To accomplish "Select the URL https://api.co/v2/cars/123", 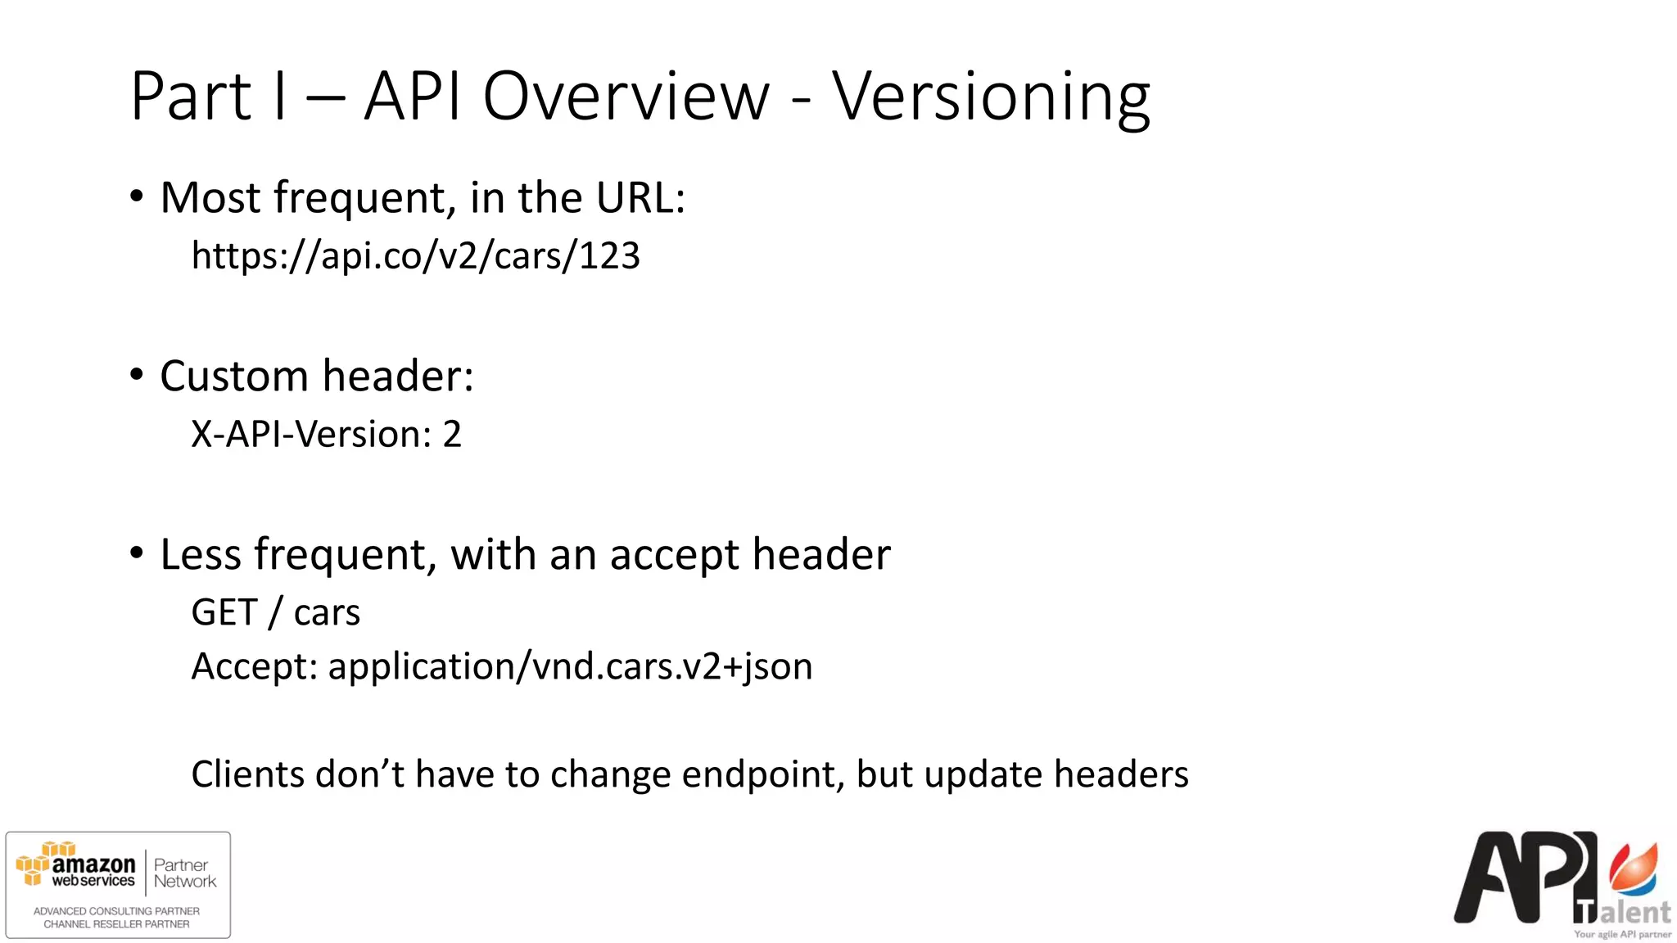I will (415, 255).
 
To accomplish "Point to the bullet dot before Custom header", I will (137, 376).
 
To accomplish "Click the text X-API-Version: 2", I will (326, 434).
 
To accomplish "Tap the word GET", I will (224, 612).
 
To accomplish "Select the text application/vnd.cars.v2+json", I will (570, 666).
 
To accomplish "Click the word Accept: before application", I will (254, 666).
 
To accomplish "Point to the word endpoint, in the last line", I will (763, 774).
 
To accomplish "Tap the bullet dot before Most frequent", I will (137, 197).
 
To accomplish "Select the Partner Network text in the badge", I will (185, 873).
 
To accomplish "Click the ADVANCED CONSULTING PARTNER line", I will (116, 911).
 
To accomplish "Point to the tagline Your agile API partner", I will (1622, 934).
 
